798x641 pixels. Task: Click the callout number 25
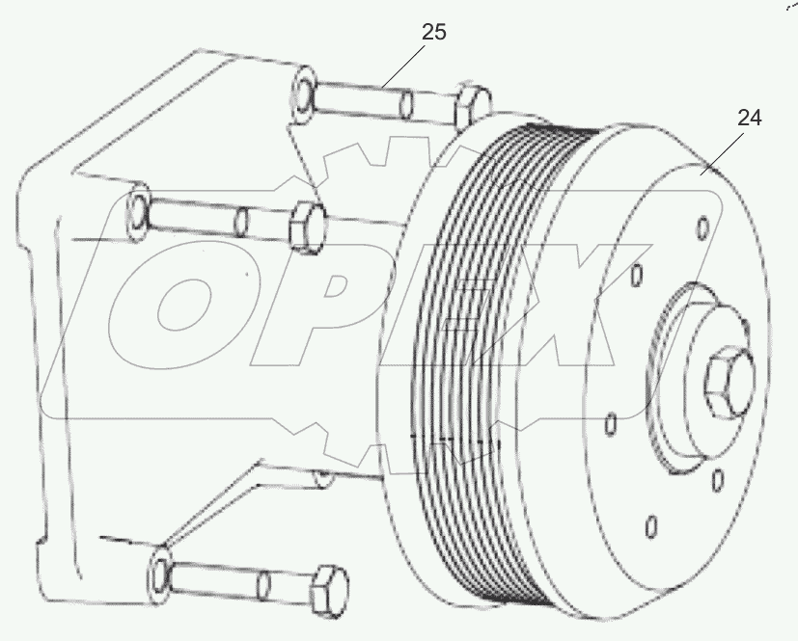(434, 32)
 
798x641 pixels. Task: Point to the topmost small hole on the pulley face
(702, 227)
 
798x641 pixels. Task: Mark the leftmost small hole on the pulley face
(610, 424)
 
